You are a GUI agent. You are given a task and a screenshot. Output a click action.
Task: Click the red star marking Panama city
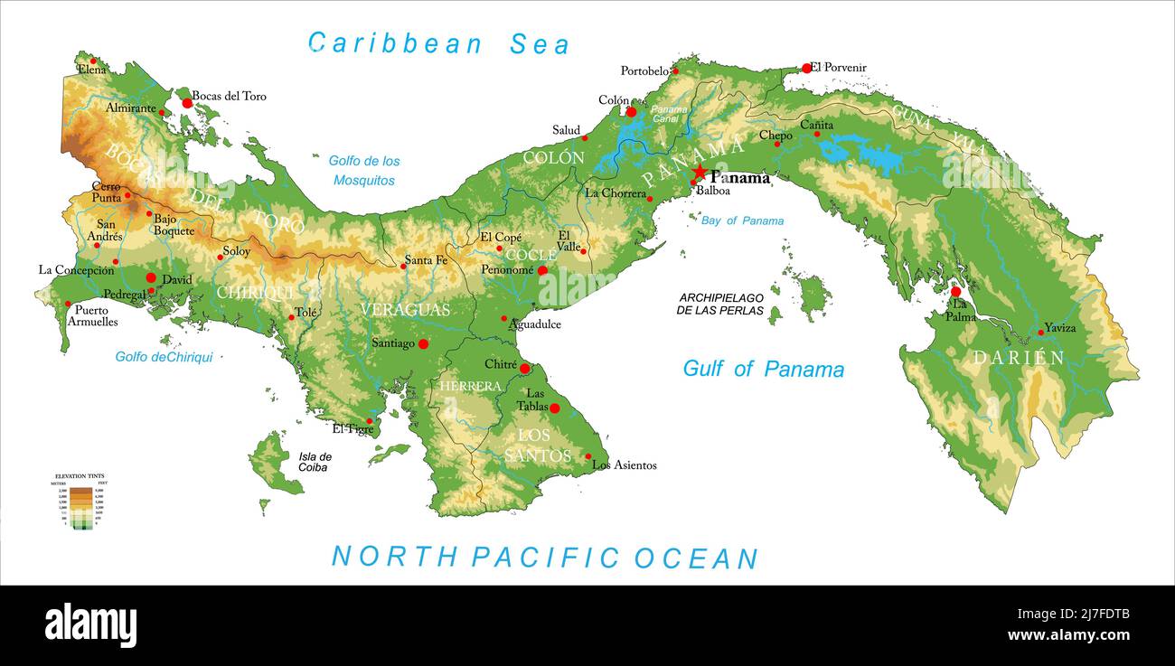coord(700,172)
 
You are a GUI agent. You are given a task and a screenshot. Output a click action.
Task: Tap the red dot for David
coord(151,277)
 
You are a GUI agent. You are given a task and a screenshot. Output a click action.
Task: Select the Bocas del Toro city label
coord(229,96)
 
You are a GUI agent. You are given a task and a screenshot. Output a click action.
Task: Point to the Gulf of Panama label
coord(763,369)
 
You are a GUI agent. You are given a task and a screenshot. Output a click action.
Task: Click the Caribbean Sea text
coord(438,43)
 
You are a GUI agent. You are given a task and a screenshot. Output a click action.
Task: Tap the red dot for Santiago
coord(423,343)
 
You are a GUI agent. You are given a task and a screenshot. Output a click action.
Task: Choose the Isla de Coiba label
coord(315,462)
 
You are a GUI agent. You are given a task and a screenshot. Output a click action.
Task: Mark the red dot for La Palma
coord(955,292)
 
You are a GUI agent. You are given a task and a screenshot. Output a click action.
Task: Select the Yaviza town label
coord(1059,327)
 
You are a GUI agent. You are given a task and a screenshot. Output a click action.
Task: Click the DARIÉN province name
coord(1019,358)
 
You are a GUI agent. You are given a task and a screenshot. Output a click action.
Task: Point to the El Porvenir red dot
coord(806,68)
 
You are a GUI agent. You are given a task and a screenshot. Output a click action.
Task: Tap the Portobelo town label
coord(644,70)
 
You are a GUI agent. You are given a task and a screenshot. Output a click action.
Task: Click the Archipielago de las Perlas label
coord(720,304)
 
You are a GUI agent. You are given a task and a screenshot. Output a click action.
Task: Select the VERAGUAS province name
coord(405,310)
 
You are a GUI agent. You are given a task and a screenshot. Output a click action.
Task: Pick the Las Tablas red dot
coord(555,408)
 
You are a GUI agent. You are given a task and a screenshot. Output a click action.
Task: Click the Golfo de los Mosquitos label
coord(364,170)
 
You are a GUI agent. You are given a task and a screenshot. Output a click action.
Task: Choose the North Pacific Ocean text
coord(544,557)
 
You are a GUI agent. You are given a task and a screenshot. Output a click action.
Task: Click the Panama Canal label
coord(670,114)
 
